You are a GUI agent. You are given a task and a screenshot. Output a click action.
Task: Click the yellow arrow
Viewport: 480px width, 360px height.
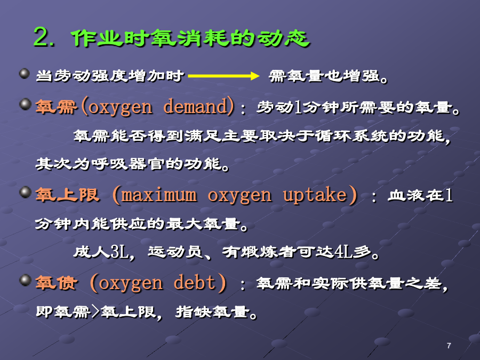tap(224, 76)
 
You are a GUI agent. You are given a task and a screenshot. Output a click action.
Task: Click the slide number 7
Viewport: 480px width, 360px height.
tap(449, 346)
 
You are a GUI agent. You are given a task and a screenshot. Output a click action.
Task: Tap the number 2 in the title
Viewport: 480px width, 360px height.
tap(42, 37)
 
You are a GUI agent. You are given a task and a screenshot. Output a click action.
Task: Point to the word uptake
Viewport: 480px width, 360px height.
tap(315, 195)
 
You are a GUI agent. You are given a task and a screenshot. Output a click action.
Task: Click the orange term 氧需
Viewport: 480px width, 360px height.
tap(57, 107)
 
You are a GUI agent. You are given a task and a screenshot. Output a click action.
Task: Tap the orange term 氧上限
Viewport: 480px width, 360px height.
tap(67, 195)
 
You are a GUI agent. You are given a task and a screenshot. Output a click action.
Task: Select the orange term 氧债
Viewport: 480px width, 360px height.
tap(57, 282)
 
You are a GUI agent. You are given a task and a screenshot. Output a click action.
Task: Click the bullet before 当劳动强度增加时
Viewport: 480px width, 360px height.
tap(25, 74)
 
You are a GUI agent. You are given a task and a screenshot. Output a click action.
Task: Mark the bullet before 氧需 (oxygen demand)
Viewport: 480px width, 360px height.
tap(26, 104)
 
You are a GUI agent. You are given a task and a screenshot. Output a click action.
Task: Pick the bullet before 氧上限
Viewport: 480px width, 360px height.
tap(26, 192)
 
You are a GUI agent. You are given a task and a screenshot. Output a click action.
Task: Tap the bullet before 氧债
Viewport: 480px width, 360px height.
tap(26, 280)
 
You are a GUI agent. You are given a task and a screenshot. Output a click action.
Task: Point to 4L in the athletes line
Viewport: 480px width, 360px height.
tap(343, 252)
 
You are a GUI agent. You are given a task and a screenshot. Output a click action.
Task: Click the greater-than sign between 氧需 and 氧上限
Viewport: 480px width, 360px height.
tap(95, 311)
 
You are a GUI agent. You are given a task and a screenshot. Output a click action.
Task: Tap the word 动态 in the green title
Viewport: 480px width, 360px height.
tap(283, 38)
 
